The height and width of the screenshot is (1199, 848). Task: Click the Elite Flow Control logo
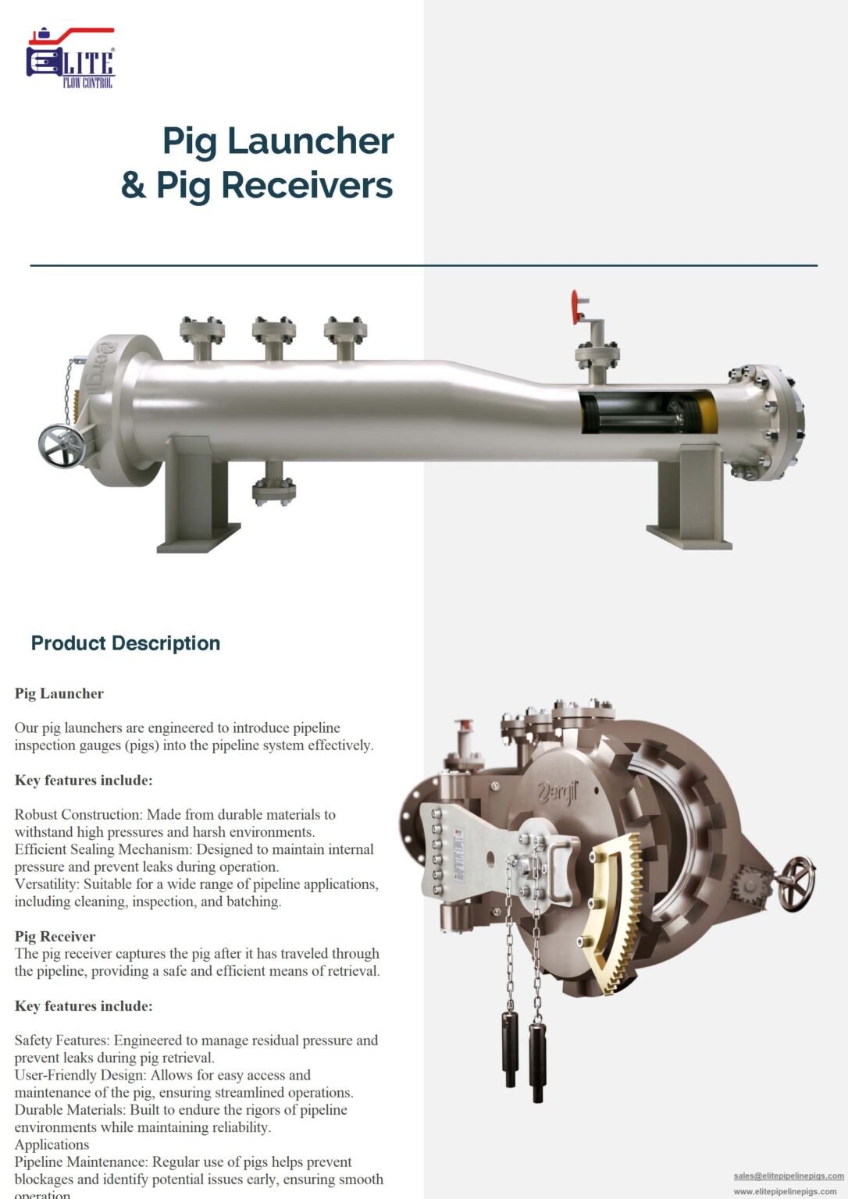pyautogui.click(x=70, y=59)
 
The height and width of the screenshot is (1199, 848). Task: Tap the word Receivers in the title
pyautogui.click(x=306, y=186)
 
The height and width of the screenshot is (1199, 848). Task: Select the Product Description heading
pyautogui.click(x=125, y=643)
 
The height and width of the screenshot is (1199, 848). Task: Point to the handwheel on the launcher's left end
pyautogui.click(x=61, y=446)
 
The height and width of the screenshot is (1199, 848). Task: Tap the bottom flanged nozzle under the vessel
pyautogui.click(x=273, y=489)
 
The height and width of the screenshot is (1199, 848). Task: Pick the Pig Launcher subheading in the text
pyautogui.click(x=59, y=693)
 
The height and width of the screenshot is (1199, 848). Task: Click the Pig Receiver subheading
pyautogui.click(x=55, y=936)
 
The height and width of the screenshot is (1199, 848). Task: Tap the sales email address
pyautogui.click(x=789, y=1176)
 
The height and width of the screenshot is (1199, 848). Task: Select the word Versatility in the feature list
pyautogui.click(x=46, y=884)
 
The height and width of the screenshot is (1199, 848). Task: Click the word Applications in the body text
pyautogui.click(x=52, y=1144)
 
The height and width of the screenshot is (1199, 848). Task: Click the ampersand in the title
pyautogui.click(x=133, y=186)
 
